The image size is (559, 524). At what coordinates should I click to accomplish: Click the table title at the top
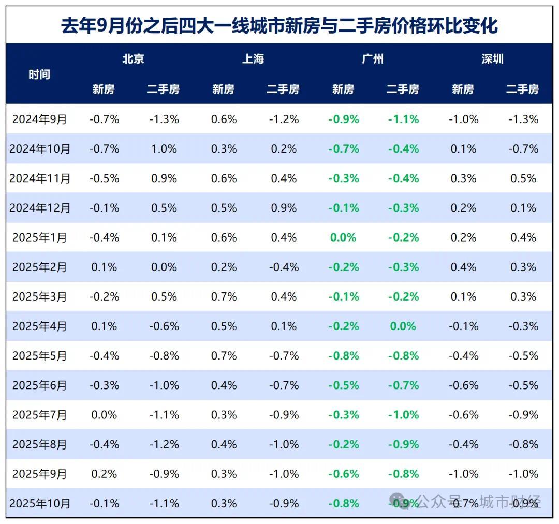click(279, 25)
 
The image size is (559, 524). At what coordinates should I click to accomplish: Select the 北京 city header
click(133, 59)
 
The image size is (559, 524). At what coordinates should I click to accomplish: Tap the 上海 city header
click(253, 59)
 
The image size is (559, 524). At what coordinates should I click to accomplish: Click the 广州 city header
click(373, 59)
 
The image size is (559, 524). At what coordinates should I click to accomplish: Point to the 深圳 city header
click(492, 59)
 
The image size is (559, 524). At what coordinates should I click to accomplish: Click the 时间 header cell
click(39, 74)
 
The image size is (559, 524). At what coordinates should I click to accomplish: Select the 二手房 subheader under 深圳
click(522, 89)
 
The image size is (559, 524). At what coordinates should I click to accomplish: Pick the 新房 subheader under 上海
click(223, 89)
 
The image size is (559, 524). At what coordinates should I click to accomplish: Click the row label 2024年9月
click(40, 119)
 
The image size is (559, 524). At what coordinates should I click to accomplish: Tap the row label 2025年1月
click(40, 237)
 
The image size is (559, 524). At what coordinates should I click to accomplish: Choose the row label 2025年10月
click(40, 503)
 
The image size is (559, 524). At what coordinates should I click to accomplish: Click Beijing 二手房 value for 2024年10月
click(164, 149)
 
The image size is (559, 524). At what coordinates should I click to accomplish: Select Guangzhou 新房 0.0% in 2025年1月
click(343, 237)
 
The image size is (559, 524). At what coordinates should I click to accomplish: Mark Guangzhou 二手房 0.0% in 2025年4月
click(403, 326)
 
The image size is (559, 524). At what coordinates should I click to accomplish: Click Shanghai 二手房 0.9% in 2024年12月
click(284, 208)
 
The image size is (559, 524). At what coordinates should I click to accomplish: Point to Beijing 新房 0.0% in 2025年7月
click(104, 415)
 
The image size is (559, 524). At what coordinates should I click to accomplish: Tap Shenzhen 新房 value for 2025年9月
click(463, 474)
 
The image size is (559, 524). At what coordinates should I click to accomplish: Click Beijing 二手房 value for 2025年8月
click(164, 444)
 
